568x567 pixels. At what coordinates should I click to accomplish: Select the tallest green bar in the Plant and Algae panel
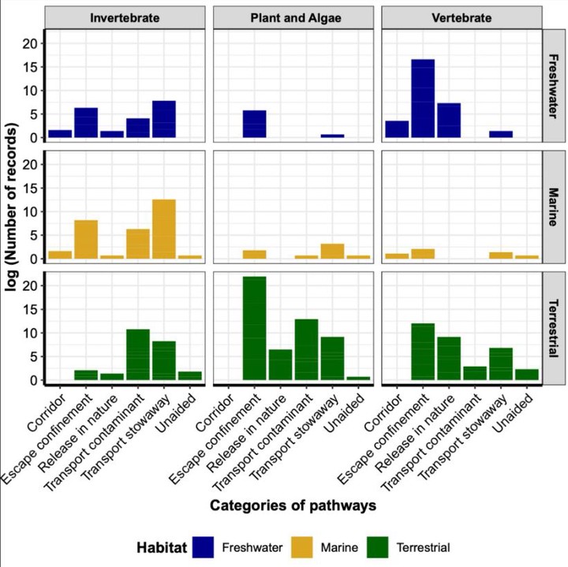coord(254,330)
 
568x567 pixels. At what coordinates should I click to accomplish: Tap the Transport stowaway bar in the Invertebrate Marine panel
coord(164,229)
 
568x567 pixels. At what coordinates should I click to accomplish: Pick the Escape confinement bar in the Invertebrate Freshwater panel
coord(86,123)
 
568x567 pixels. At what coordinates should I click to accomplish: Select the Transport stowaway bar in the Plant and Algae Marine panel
coord(332,252)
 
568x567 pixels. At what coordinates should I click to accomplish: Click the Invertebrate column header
coord(127,17)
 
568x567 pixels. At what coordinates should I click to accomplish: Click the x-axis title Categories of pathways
coord(293,505)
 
